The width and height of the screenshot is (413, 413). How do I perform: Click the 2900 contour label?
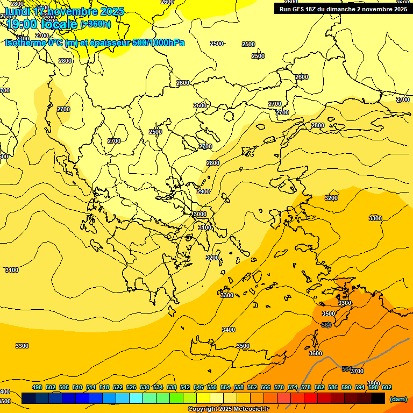[x=203, y=191]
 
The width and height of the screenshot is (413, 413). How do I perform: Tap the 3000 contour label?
[x=200, y=214]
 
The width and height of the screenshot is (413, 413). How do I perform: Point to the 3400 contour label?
[x=229, y=330]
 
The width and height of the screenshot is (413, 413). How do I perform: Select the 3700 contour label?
[x=357, y=371]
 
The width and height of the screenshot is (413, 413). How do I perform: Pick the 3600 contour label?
[x=316, y=353]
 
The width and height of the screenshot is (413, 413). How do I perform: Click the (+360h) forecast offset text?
[x=96, y=24]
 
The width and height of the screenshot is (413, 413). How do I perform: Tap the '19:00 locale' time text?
[x=42, y=24]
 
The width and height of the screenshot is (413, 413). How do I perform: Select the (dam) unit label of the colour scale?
[x=398, y=399]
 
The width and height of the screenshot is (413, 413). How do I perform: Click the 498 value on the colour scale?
[x=37, y=387]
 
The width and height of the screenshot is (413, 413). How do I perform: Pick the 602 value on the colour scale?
[x=387, y=387]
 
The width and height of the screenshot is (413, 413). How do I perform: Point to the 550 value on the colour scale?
[x=212, y=387]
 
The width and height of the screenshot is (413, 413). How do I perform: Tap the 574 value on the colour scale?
[x=293, y=387]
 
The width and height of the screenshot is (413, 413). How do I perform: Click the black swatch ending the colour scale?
[x=378, y=398]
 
